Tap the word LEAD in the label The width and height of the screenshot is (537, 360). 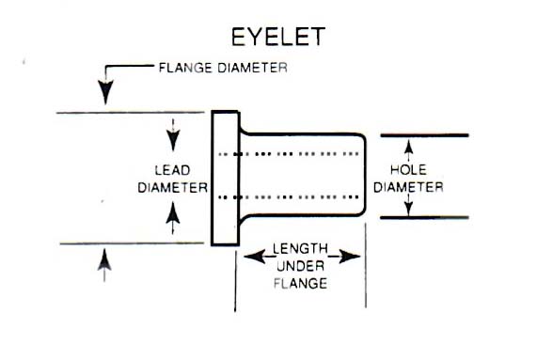tap(172, 170)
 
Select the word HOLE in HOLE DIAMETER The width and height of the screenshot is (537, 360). tap(408, 170)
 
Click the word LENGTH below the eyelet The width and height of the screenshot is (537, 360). tap(300, 250)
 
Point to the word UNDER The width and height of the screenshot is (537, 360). tap(300, 266)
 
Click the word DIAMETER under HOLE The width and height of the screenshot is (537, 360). tap(408, 186)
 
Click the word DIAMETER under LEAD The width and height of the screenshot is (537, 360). tap(172, 187)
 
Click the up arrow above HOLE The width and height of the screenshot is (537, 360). tap(409, 148)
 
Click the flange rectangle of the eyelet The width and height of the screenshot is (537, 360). tap(224, 179)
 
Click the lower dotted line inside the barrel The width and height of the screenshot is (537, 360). tap(292, 197)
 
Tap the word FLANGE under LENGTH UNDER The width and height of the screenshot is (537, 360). tap(300, 282)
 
